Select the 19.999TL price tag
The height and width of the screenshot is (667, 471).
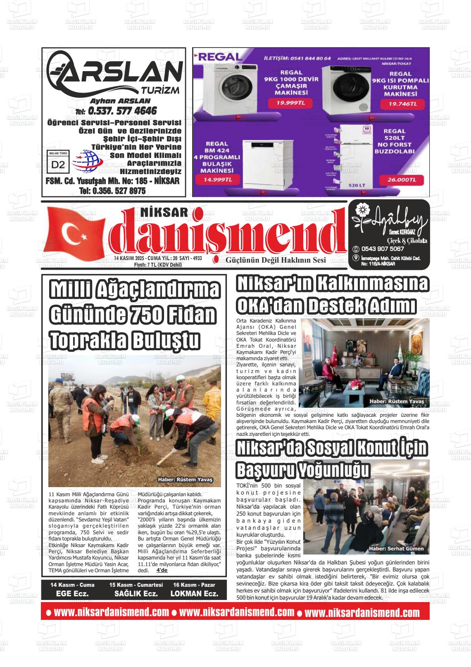click(288, 103)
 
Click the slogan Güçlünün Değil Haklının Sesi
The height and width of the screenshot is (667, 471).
click(276, 260)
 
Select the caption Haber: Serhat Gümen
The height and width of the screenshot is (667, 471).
click(396, 549)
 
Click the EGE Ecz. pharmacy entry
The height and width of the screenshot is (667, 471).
click(72, 593)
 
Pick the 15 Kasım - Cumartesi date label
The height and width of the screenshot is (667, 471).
click(136, 585)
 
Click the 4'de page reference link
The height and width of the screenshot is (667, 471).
click(162, 570)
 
